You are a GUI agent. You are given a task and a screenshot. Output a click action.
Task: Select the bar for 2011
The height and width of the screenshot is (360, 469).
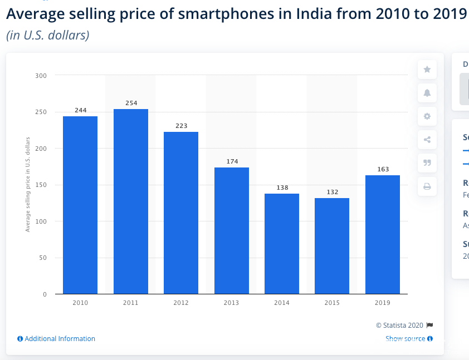point(131,201)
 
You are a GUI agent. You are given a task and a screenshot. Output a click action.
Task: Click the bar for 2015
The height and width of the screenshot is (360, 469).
point(332,246)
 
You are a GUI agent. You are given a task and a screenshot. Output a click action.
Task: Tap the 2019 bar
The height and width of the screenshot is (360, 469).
point(383,234)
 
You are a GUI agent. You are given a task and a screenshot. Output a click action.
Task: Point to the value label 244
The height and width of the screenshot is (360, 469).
point(81,110)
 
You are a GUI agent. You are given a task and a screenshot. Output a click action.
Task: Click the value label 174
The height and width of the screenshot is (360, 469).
point(232,161)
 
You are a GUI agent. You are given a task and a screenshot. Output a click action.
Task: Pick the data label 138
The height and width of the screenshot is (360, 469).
point(282,188)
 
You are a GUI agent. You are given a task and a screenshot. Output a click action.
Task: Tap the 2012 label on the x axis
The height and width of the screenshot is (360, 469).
point(181,303)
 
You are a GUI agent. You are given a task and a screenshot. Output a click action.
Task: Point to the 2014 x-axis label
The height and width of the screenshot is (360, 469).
point(282,303)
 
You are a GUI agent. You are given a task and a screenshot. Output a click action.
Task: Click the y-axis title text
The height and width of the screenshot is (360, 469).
point(28,184)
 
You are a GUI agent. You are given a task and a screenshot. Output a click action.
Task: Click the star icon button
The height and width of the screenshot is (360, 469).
point(427,70)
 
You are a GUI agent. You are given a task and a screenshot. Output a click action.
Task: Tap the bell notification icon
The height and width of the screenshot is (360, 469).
point(427,93)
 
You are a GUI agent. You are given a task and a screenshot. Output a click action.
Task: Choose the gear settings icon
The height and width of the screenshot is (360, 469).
point(427,116)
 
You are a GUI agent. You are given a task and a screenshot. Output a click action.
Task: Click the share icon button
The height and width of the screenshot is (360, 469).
point(427,140)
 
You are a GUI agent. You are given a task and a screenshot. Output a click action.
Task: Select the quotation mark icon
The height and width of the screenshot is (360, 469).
point(427,163)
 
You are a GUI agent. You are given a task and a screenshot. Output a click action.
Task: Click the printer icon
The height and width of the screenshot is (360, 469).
point(427,186)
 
